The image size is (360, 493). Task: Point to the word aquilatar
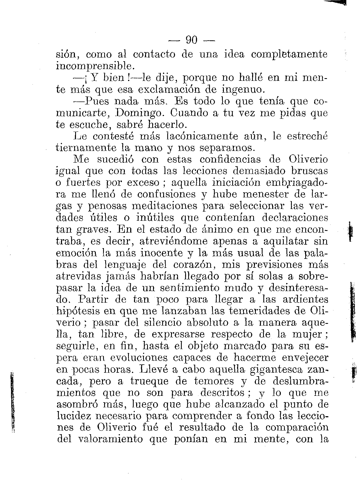click(x=285, y=241)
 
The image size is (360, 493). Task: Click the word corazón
click(x=193, y=264)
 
